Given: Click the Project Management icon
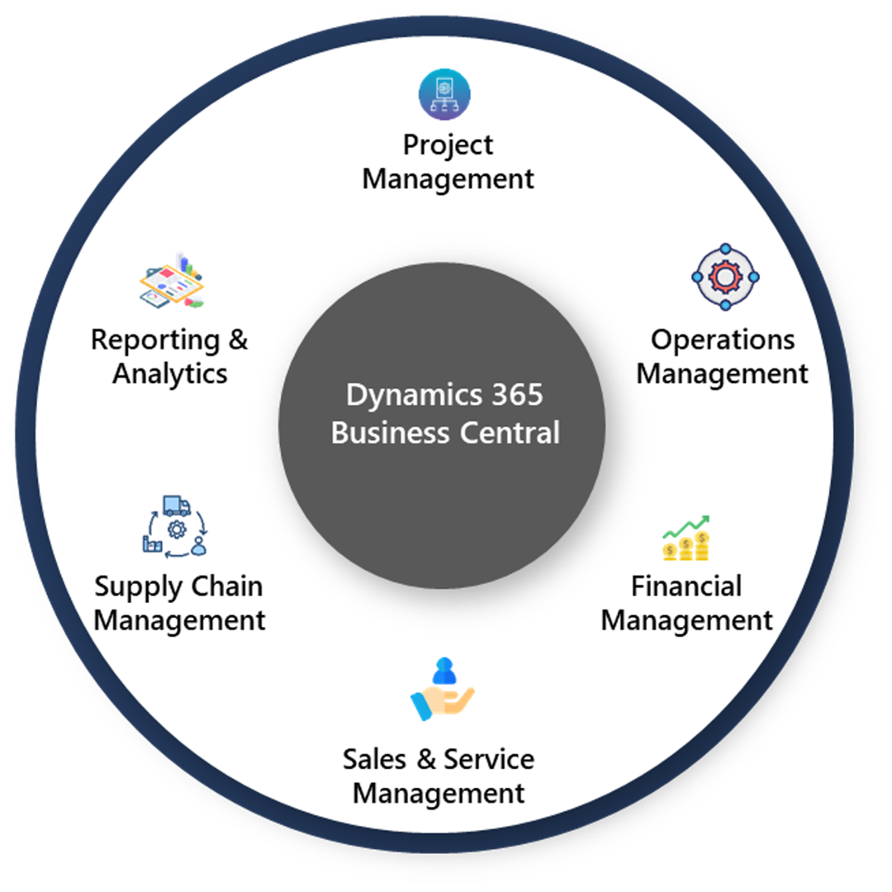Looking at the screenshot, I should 444,95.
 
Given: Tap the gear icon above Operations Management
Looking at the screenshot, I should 725,278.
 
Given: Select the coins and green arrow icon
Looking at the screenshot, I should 686,539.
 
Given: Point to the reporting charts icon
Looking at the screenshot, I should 171,281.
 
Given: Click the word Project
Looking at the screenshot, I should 448,145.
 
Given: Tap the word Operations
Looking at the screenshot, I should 723,339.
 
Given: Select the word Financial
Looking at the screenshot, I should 686,586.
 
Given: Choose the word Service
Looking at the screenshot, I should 489,759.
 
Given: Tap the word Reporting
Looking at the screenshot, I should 156,339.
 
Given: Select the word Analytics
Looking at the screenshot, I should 170,373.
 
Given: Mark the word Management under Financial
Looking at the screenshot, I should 686,620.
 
